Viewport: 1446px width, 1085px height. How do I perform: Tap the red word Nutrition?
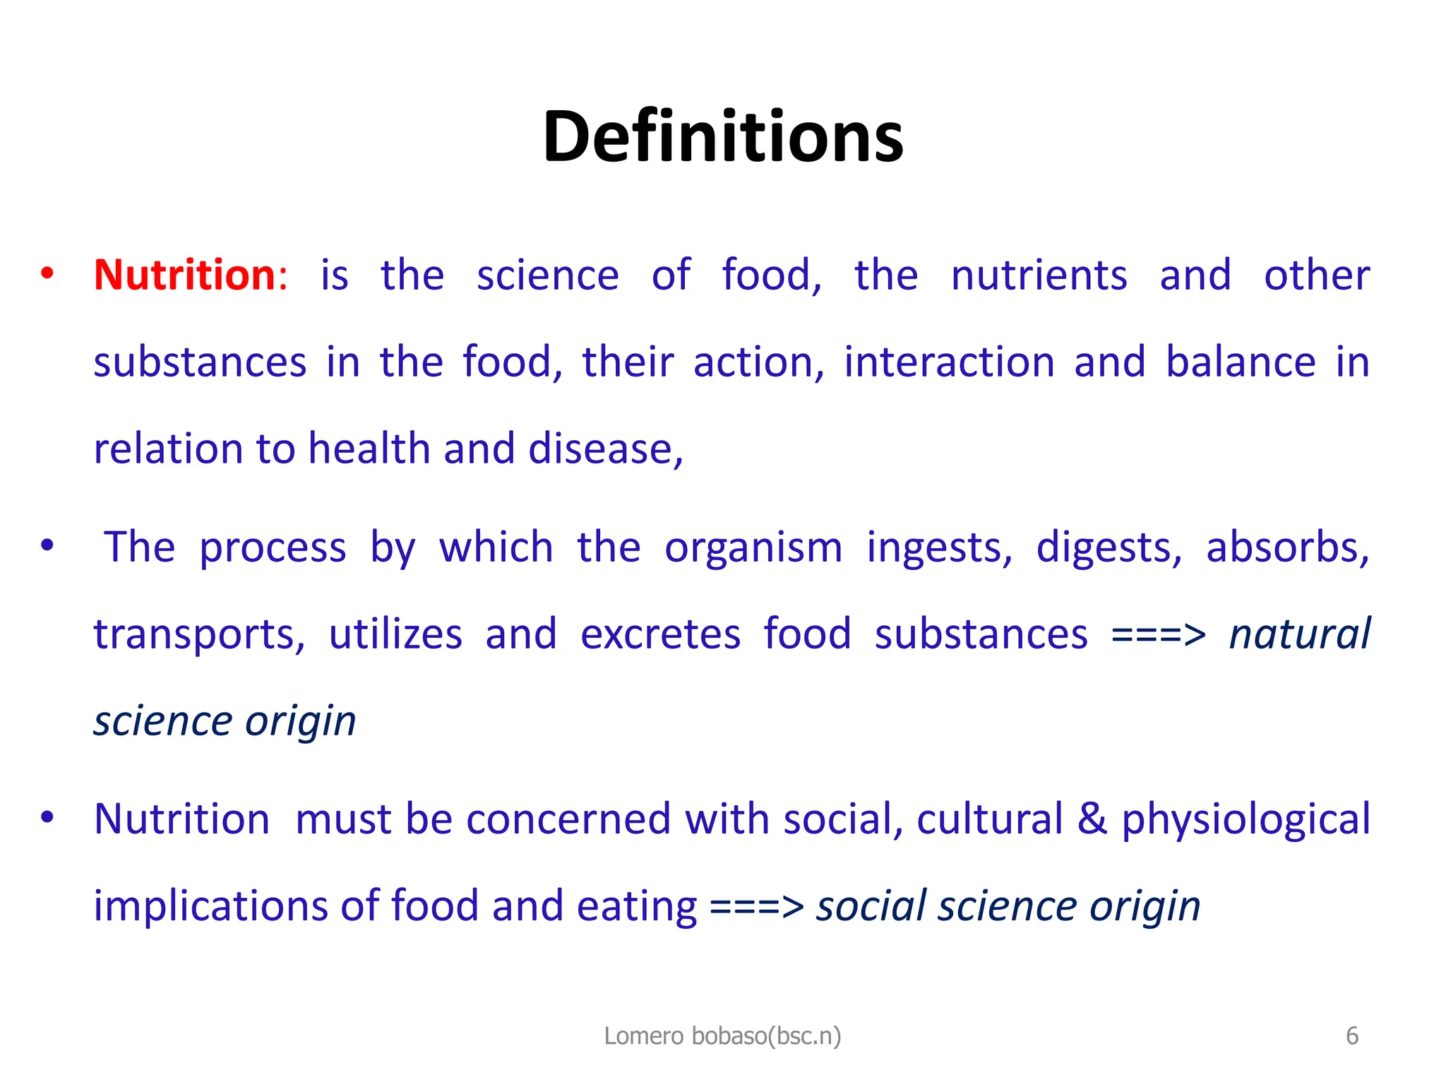pyautogui.click(x=184, y=275)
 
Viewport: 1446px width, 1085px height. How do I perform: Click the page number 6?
pyautogui.click(x=1351, y=1036)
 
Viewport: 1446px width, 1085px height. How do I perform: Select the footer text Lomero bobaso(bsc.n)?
pyautogui.click(x=722, y=1036)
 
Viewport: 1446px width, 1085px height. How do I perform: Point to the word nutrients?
pyautogui.click(x=1039, y=275)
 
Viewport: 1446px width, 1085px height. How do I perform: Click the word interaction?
pyautogui.click(x=949, y=362)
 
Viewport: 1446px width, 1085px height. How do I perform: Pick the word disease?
pyautogui.click(x=605, y=449)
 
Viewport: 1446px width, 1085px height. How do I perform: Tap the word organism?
pyautogui.click(x=753, y=548)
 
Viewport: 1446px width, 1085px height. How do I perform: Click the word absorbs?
pyautogui.click(x=1287, y=548)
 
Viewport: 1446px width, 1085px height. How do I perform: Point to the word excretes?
pyautogui.click(x=660, y=634)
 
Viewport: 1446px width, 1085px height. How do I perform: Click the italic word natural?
pyautogui.click(x=1299, y=634)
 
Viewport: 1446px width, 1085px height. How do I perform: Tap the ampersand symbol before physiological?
pyautogui.click(x=1092, y=819)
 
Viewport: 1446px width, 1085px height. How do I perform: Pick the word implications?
pyautogui.click(x=211, y=907)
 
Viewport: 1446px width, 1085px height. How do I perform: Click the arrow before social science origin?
pyautogui.click(x=756, y=907)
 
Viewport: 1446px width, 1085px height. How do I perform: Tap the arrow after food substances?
pyautogui.click(x=1158, y=634)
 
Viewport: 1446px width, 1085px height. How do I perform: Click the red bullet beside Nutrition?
pyautogui.click(x=47, y=274)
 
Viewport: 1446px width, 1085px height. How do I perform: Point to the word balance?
pyautogui.click(x=1241, y=362)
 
